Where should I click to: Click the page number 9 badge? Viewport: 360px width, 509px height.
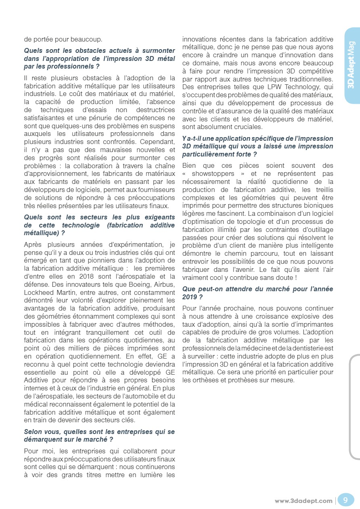tap(345, 500)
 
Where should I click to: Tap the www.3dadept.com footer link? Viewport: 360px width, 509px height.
tap(303, 501)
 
